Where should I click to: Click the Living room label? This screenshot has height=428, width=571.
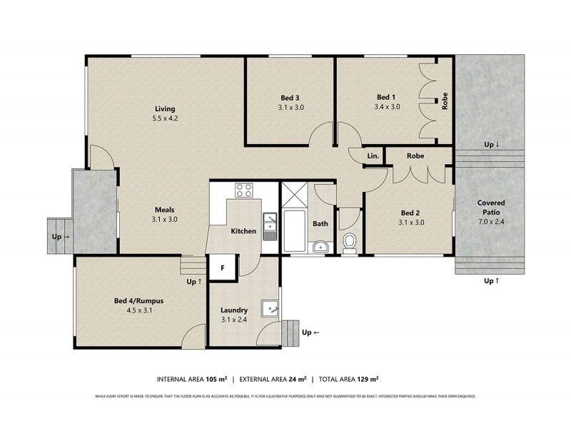[165, 108]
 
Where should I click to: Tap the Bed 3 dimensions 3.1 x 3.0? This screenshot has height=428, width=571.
[291, 108]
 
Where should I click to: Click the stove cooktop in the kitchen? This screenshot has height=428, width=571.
[244, 190]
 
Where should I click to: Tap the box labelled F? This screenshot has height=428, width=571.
[223, 268]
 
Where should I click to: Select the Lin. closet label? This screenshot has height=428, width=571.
[373, 156]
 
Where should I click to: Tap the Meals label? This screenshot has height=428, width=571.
[164, 210]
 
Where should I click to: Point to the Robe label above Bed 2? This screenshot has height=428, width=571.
[416, 156]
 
